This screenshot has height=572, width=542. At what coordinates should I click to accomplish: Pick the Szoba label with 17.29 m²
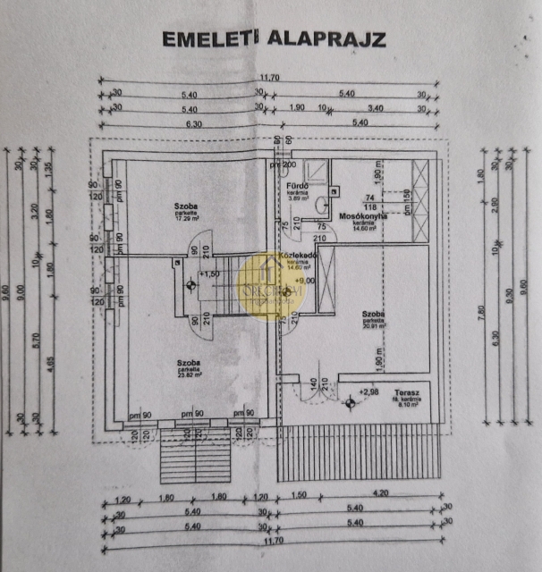pos(185,206)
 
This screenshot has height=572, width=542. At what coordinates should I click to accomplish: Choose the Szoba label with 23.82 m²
pos(187,361)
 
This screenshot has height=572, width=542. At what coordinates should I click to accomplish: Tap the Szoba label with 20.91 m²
pos(374,315)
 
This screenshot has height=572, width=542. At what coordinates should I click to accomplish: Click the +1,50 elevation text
pos(209,273)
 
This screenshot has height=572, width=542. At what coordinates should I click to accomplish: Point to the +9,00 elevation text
pos(306,281)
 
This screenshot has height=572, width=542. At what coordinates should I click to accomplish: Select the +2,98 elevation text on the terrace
pos(368,391)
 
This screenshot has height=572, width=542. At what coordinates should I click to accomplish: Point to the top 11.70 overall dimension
pos(269,79)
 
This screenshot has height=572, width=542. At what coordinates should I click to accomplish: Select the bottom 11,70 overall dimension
pos(271,548)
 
